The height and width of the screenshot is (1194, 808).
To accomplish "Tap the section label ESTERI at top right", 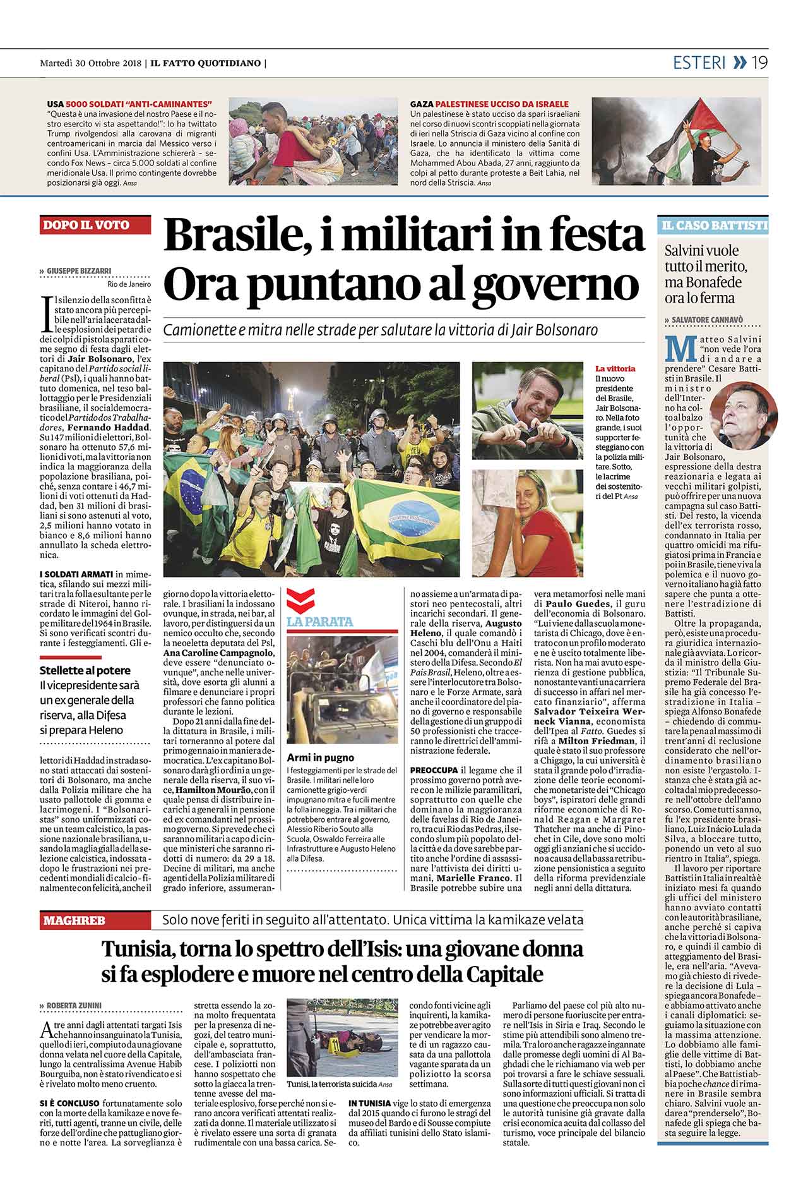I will (x=699, y=63).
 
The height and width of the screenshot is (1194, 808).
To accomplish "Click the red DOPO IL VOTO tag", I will (x=86, y=225).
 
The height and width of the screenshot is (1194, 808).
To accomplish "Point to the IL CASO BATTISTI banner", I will (x=714, y=226).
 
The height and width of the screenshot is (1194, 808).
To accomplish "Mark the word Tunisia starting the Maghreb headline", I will (x=139, y=950).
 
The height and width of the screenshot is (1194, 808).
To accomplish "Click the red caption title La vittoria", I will (x=615, y=368).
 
